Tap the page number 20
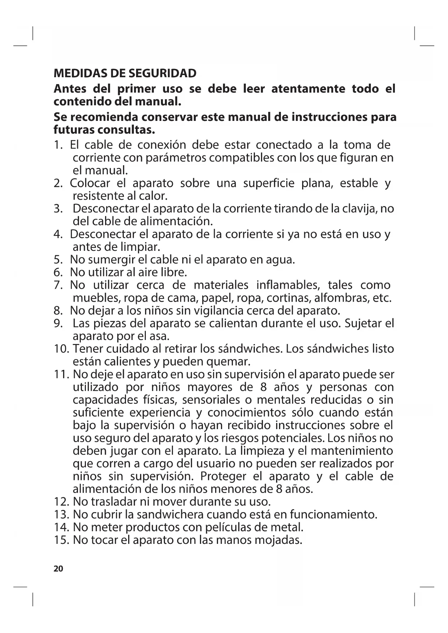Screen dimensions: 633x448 pyautogui.click(x=58, y=569)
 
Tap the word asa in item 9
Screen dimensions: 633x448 pyautogui.click(x=159, y=336)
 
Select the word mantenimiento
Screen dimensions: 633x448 pyautogui.click(x=351, y=451)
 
